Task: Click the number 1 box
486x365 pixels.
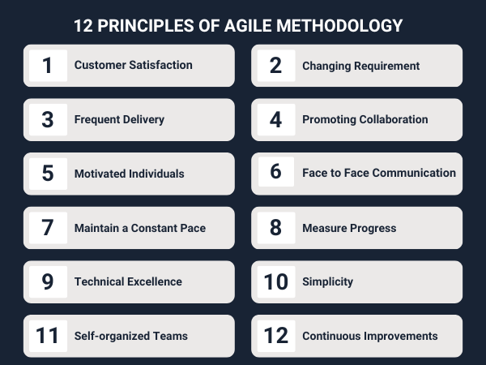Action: point(48,66)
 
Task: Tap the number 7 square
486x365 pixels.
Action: point(48,228)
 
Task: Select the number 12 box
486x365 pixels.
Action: point(276,336)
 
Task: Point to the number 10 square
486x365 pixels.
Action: point(276,281)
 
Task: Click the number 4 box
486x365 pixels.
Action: point(276,119)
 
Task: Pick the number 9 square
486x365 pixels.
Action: point(48,281)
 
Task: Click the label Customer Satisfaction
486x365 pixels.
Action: point(133,66)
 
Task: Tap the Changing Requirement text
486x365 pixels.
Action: point(360,66)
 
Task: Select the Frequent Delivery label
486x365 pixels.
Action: point(119,119)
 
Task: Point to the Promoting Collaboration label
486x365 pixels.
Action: point(364,119)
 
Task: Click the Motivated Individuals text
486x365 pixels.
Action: point(129,174)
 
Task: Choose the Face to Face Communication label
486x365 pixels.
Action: point(379,173)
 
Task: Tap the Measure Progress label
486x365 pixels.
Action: point(349,228)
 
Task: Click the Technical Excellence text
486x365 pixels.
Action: point(128,281)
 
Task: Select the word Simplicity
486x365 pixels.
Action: point(327,281)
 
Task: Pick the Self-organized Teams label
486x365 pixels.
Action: point(130,336)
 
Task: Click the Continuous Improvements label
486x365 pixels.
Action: point(369,336)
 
